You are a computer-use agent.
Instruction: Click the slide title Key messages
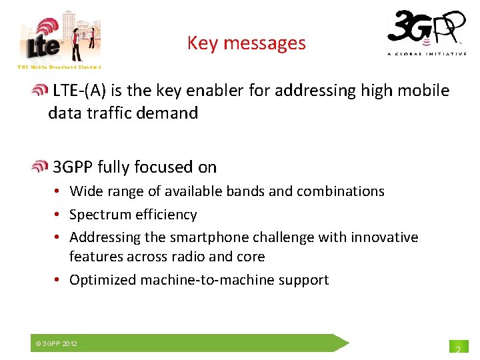246,43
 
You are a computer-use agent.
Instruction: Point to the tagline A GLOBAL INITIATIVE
427,54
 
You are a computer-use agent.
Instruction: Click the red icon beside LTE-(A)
41,91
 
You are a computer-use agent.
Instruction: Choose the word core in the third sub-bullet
252,257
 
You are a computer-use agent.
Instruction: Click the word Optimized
103,280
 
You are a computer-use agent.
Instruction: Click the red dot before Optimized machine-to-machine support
59,280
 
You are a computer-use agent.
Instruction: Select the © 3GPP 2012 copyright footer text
57,343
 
